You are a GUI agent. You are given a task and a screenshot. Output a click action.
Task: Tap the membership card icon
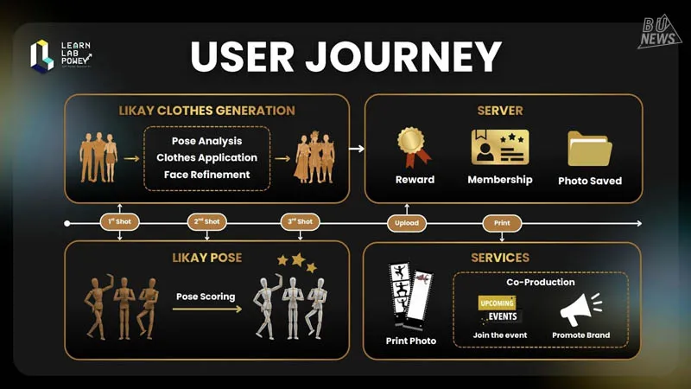tap(499, 147)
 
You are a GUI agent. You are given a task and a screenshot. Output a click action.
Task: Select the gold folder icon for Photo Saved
tap(590, 149)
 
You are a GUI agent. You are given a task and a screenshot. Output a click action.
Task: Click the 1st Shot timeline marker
tap(119, 222)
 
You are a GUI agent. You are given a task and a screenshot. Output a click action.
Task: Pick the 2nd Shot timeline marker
tap(206, 222)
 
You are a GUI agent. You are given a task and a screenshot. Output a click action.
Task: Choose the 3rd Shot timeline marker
tap(301, 222)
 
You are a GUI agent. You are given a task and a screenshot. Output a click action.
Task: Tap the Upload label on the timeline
tap(407, 223)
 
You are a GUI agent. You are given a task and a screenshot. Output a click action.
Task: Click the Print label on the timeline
tap(502, 223)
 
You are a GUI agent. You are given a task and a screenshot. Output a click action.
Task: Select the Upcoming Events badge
tap(499, 309)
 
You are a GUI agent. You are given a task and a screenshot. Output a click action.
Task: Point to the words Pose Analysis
tap(206, 141)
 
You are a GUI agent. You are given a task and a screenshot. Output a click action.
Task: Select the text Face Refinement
tap(206, 175)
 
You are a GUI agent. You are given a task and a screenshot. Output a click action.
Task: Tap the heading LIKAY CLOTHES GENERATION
tap(206, 111)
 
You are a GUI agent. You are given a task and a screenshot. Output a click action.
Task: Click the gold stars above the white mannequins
tap(295, 261)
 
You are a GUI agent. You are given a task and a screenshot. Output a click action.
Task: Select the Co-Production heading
tap(540, 282)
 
